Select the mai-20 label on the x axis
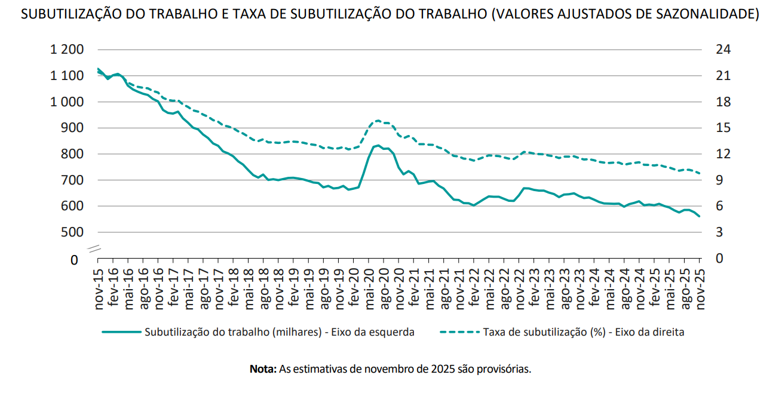(x=370, y=288)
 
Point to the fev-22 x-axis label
(x=475, y=288)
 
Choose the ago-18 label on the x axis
(x=265, y=288)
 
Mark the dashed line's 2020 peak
(x=378, y=121)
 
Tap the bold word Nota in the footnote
(x=263, y=369)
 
